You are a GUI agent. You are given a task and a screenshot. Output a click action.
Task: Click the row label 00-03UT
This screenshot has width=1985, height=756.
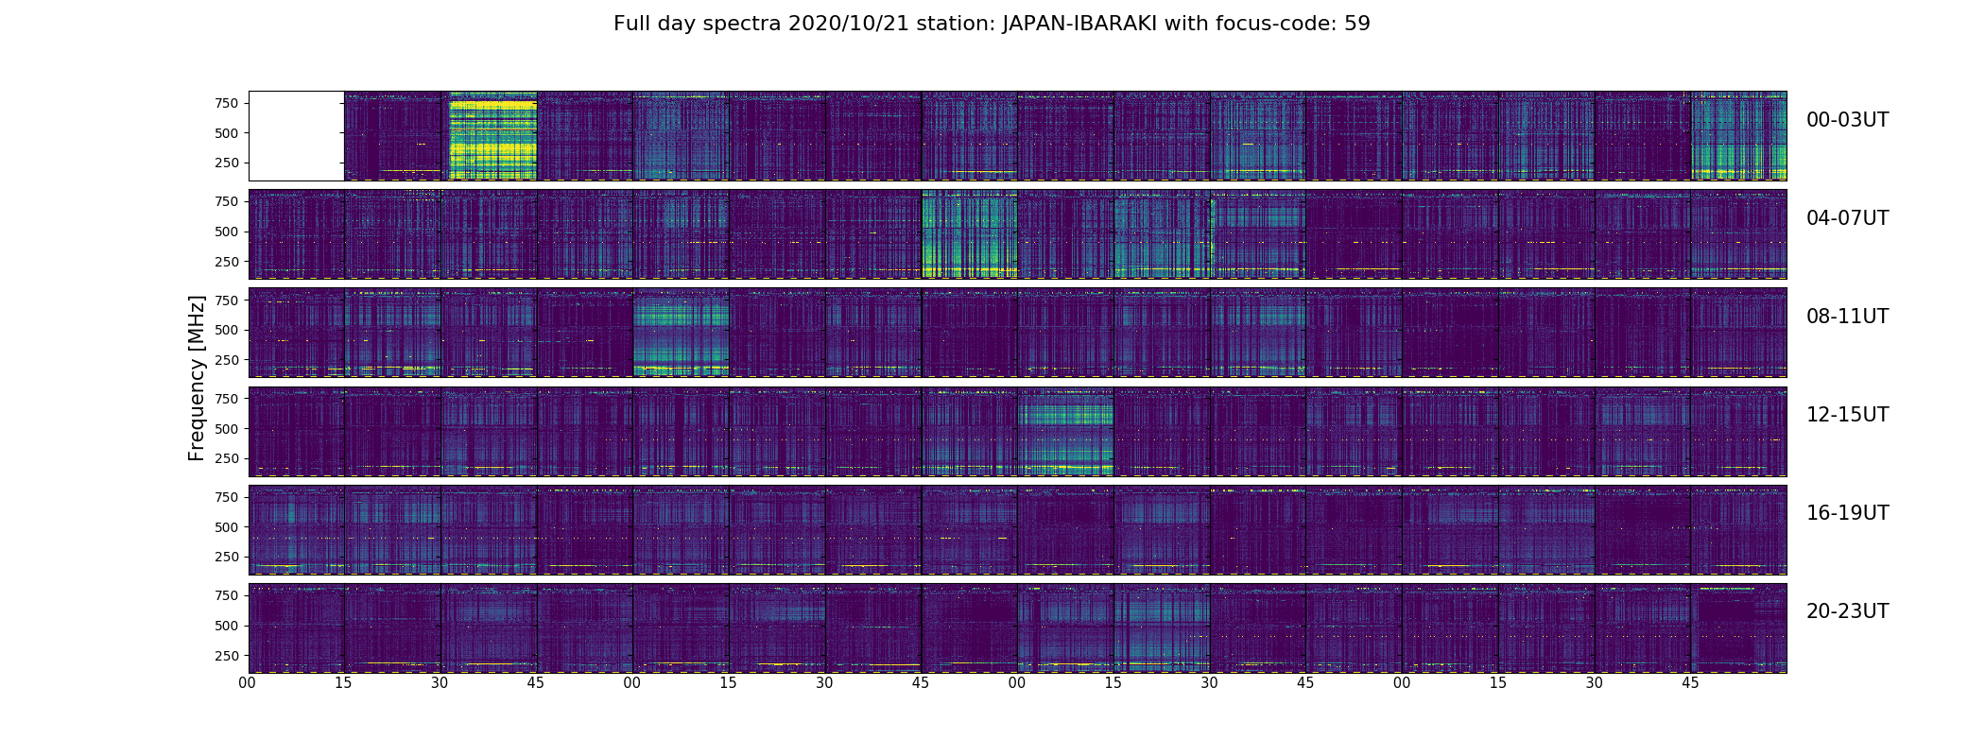[1847, 120]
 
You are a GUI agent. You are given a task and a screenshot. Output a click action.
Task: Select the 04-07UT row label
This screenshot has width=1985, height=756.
[1847, 218]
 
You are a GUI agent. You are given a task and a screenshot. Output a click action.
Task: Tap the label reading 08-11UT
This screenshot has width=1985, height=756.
[1847, 317]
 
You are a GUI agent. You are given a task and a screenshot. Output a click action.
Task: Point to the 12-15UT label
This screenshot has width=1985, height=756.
[1847, 415]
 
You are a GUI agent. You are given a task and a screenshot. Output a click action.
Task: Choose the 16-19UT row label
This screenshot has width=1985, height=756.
[1847, 513]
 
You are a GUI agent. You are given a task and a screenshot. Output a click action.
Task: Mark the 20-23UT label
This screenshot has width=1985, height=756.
[1847, 611]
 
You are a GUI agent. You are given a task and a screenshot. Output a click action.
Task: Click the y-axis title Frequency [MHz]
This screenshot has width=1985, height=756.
[197, 378]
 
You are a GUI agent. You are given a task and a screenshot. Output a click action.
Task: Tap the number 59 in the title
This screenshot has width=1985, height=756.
[1357, 24]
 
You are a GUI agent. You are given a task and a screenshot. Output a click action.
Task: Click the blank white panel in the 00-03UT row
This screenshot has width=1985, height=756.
[296, 136]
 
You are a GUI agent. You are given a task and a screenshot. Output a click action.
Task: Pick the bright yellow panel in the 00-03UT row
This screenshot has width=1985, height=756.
[489, 136]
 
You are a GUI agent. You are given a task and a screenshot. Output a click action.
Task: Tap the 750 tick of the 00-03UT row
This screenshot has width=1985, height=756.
[226, 103]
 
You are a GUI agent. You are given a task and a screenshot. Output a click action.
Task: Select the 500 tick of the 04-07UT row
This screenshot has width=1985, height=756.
[226, 232]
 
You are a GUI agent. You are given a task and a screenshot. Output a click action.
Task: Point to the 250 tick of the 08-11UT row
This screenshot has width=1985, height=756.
[226, 360]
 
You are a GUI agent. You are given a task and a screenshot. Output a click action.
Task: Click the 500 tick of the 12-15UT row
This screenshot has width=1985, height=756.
[226, 428]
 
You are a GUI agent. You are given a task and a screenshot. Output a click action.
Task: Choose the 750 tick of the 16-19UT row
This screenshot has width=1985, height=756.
[226, 497]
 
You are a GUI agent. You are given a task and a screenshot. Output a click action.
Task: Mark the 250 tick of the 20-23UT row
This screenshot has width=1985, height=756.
[226, 656]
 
